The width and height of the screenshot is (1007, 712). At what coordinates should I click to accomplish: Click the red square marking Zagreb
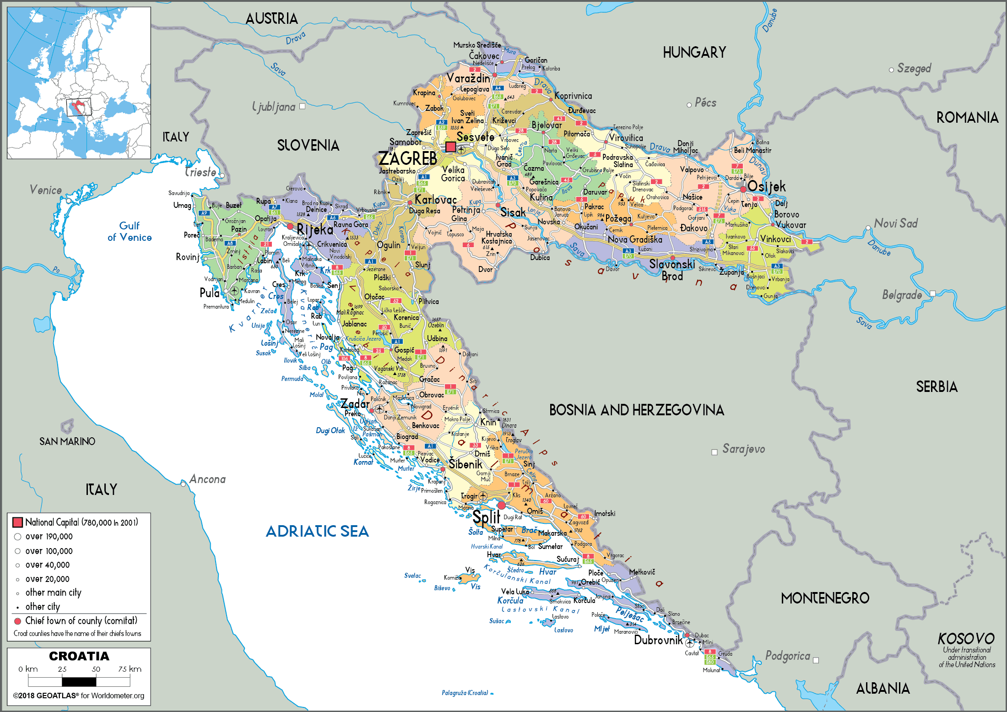(x=450, y=147)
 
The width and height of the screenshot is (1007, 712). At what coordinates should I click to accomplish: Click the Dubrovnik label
(x=658, y=640)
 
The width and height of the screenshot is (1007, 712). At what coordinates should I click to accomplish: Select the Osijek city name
(x=766, y=186)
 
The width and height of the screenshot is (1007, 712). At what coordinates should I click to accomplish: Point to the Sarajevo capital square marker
(x=714, y=452)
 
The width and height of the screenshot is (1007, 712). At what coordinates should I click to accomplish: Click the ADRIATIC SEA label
(x=317, y=531)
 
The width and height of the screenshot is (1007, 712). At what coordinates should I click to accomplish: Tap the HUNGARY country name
(x=694, y=53)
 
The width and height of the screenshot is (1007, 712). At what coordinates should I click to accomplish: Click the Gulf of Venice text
(x=130, y=232)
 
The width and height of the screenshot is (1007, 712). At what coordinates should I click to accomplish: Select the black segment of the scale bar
(x=79, y=682)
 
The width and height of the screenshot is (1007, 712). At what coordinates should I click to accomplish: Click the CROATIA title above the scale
(x=79, y=656)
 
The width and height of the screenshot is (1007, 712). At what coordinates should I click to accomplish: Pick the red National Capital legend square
(x=18, y=522)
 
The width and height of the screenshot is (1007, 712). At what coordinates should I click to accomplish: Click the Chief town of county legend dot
(x=18, y=621)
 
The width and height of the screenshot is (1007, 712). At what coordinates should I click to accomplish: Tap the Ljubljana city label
(x=274, y=107)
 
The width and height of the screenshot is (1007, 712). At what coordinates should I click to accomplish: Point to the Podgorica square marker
(x=816, y=660)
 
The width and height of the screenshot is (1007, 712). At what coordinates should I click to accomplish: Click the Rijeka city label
(x=315, y=229)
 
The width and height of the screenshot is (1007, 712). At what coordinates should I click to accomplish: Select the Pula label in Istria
(x=209, y=293)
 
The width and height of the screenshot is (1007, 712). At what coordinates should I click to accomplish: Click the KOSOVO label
(x=966, y=638)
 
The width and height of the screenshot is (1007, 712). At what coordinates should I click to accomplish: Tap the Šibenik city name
(x=465, y=464)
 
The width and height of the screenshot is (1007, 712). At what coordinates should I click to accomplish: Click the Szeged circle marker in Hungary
(x=891, y=70)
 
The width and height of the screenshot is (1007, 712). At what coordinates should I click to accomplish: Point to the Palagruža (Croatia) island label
(x=465, y=693)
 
